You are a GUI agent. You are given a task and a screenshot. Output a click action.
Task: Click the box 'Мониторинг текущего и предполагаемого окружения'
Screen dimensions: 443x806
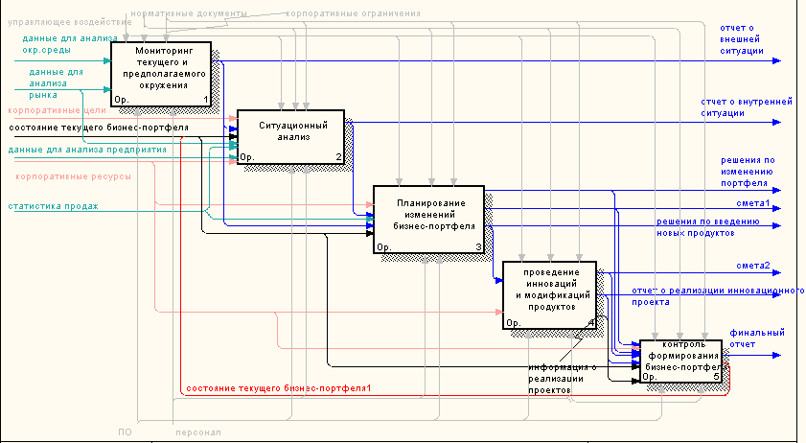[161, 73]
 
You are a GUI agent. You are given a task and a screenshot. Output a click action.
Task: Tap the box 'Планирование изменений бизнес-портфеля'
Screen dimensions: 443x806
[428, 220]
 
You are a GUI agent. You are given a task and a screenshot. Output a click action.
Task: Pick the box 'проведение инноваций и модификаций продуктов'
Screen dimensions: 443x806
[549, 293]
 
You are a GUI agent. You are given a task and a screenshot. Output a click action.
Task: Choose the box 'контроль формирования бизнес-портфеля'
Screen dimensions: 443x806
[680, 361]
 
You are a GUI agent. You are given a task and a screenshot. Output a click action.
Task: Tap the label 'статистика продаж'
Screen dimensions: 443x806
[54, 206]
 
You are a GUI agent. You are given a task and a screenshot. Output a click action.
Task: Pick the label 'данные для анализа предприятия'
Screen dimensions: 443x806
[87, 150]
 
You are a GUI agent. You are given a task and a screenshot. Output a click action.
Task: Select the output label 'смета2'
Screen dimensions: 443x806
[753, 266]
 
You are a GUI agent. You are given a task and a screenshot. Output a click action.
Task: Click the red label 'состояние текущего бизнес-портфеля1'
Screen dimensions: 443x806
[279, 386]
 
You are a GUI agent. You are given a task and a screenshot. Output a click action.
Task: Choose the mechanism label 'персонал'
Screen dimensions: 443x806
[197, 432]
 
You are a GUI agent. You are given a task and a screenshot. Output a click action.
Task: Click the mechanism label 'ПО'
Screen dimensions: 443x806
[125, 432]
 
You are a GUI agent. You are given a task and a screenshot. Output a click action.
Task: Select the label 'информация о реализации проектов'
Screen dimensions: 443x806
[562, 379]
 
